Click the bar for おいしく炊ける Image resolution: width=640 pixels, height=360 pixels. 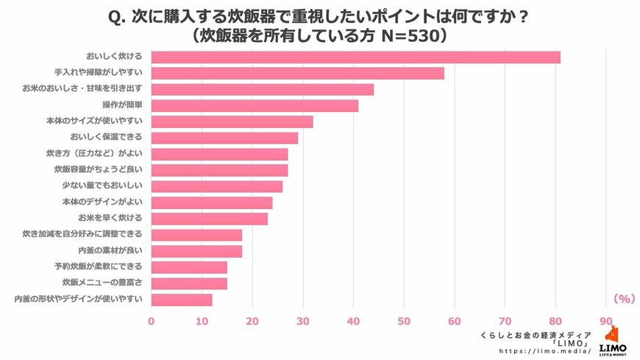point(355,57)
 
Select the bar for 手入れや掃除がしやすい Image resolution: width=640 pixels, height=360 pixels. point(297,74)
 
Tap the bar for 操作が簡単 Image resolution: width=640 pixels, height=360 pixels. point(255,106)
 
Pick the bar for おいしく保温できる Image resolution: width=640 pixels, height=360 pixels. point(224,138)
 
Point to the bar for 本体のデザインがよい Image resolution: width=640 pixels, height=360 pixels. point(212,202)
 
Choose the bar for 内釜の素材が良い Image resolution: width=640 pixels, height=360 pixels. point(196,251)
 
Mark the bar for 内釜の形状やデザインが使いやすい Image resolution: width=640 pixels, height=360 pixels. point(182,300)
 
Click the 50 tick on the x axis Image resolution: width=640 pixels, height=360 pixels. point(404,321)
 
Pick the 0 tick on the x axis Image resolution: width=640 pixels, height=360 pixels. point(152,321)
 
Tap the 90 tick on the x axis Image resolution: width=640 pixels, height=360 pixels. point(606,321)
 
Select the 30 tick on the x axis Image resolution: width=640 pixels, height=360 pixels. point(303,321)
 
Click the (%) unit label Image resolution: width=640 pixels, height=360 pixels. point(623,299)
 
